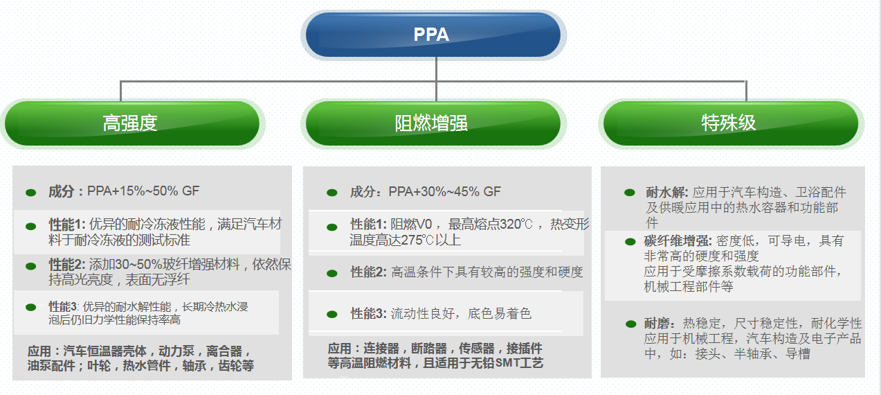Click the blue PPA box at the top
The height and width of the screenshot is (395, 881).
[433, 35]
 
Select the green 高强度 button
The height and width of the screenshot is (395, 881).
[131, 123]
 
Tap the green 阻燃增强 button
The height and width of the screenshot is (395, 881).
[431, 123]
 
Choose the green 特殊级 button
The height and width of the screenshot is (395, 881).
[729, 123]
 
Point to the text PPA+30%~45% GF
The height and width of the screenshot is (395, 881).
[444, 192]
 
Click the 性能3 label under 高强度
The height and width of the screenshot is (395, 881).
[64, 306]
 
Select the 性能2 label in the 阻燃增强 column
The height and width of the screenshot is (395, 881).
[368, 272]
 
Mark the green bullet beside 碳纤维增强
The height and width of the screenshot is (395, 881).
[630, 241]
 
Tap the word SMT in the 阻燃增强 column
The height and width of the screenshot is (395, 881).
[507, 362]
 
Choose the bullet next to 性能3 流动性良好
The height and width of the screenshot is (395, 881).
[331, 314]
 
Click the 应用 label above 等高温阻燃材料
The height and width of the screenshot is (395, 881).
[340, 348]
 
